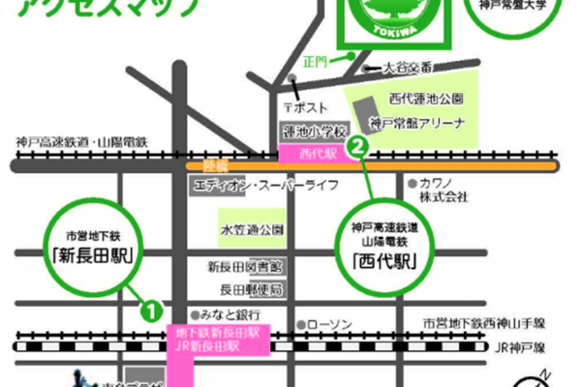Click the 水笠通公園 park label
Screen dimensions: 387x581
(x=252, y=229)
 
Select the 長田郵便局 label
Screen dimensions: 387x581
(x=249, y=288)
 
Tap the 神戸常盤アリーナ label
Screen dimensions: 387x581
(x=417, y=123)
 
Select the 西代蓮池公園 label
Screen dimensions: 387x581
(x=425, y=99)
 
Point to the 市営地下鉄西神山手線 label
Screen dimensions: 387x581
(x=498, y=321)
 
